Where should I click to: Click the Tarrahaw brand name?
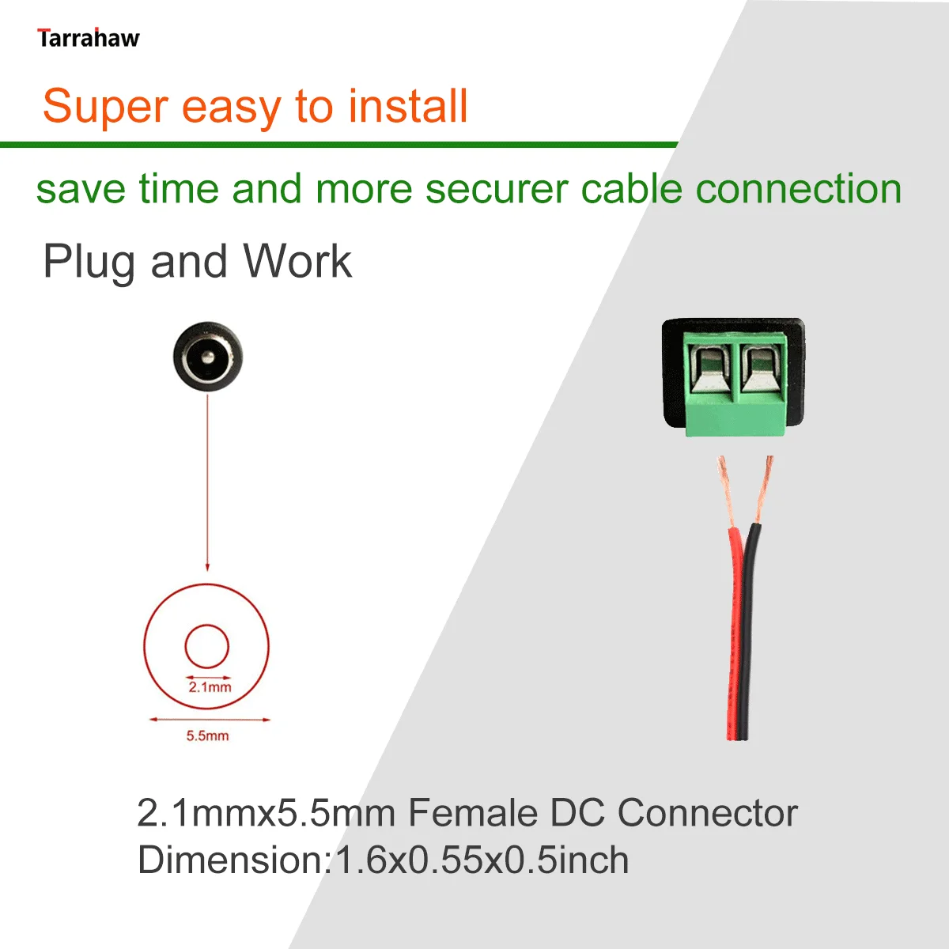(x=88, y=38)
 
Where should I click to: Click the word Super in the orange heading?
(x=105, y=107)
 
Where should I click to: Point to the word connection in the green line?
(x=798, y=190)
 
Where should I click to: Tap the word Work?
(x=297, y=261)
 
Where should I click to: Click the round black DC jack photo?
(x=207, y=357)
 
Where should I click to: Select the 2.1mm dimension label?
(x=210, y=687)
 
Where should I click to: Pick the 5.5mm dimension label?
(x=207, y=735)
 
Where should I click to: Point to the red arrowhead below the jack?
(x=207, y=566)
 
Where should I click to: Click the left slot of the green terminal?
(x=710, y=369)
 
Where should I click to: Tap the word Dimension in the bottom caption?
(x=231, y=860)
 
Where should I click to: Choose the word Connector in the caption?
(x=707, y=813)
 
